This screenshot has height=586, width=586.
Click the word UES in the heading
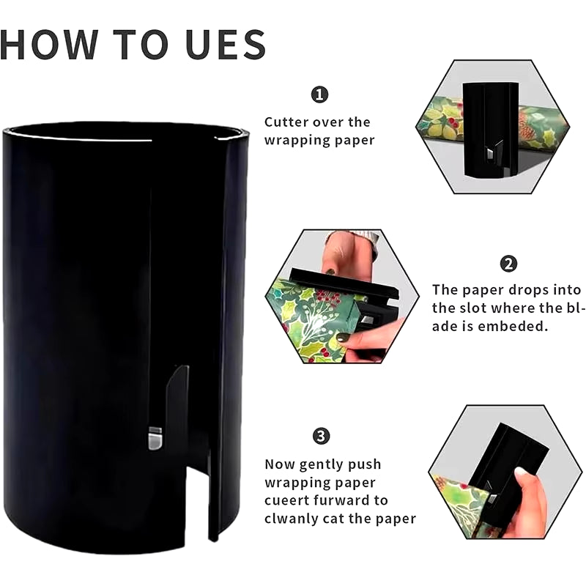226,45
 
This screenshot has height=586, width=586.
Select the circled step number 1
319,94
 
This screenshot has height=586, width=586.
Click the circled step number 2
508,264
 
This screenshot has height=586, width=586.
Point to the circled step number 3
321,436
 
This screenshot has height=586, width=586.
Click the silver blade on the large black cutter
155,438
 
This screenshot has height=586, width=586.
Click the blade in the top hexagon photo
489,153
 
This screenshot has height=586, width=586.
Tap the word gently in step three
316,465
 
